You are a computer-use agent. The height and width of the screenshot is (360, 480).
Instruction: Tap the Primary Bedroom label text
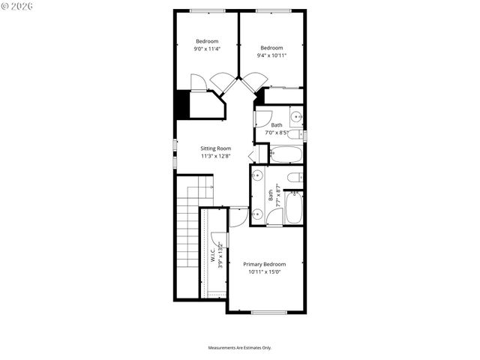pyautogui.click(x=264, y=264)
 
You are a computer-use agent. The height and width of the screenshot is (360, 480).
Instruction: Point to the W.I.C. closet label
pyautogui.click(x=213, y=256)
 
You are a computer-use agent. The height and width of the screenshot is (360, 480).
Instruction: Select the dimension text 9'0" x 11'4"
pyautogui.click(x=207, y=49)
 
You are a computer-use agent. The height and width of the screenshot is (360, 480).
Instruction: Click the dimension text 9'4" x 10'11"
pyautogui.click(x=271, y=55)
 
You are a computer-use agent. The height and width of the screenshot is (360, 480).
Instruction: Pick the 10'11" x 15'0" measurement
pyautogui.click(x=264, y=272)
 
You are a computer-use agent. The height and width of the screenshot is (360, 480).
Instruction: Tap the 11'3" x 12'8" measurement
pyautogui.click(x=215, y=157)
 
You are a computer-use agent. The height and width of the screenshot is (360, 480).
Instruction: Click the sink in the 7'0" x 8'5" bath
pyautogui.click(x=295, y=117)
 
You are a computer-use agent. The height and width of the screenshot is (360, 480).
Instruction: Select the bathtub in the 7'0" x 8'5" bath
pyautogui.click(x=285, y=154)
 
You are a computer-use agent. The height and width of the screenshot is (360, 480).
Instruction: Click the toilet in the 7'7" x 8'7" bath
pyautogui.click(x=295, y=178)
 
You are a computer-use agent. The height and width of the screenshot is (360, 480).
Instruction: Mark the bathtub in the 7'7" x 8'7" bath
pyautogui.click(x=294, y=208)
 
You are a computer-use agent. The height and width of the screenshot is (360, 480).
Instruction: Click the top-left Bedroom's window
pyautogui.click(x=207, y=10)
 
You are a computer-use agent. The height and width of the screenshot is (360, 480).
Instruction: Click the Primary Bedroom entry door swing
pyautogui.click(x=238, y=218)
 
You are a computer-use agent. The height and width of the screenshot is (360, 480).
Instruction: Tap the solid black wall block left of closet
pyautogui.click(x=181, y=104)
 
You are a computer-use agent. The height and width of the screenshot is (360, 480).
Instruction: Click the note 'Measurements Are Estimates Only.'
pyautogui.click(x=239, y=348)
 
